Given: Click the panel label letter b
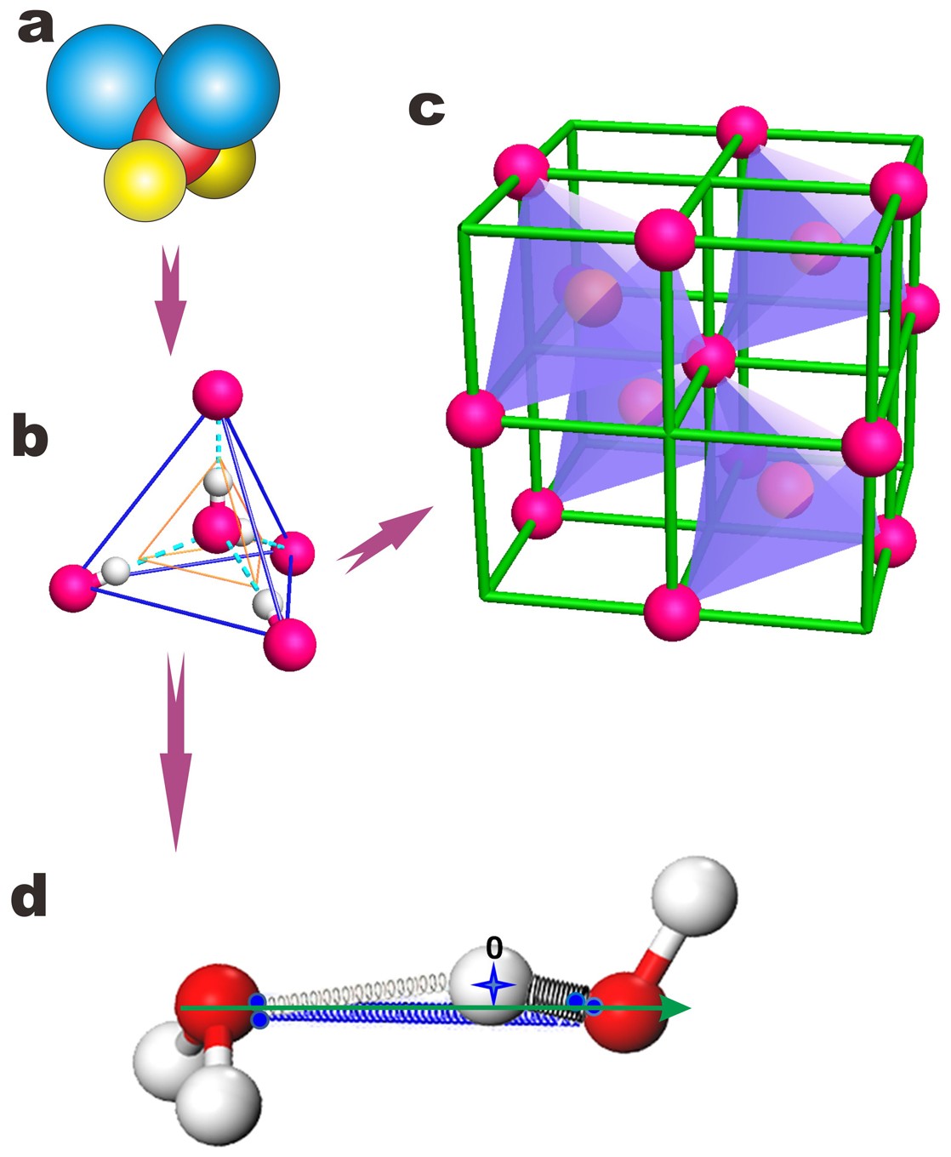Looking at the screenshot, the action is (x=30, y=437).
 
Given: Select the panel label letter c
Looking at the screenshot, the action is (x=426, y=108).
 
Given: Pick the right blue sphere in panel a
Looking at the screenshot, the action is (x=218, y=85).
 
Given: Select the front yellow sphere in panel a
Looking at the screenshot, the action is (x=145, y=180).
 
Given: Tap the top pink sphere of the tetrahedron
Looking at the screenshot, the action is (x=218, y=395).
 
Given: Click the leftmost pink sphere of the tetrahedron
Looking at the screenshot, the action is (x=73, y=586).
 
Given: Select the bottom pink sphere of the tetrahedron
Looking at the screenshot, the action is (x=290, y=644).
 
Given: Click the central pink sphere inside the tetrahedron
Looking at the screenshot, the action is (x=216, y=527).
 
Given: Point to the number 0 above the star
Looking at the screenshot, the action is (x=493, y=948).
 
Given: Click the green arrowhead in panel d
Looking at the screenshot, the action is (x=675, y=1009).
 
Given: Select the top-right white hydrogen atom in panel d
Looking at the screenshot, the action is (x=694, y=897).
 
